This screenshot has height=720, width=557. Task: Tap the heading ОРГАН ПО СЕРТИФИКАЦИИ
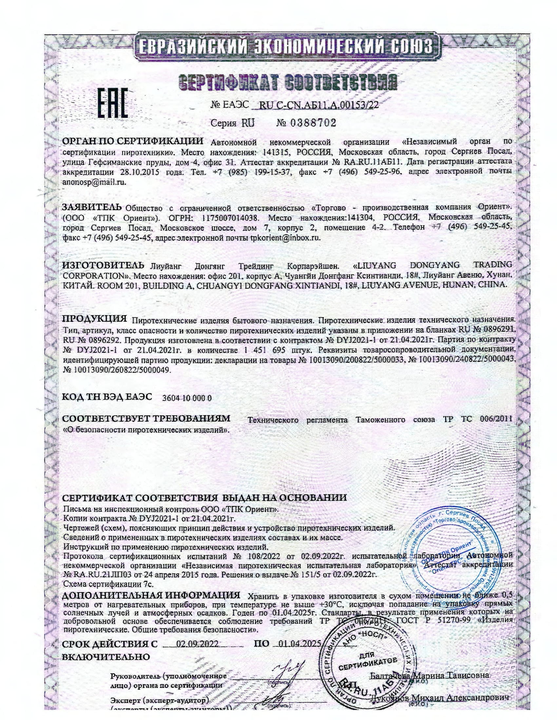coord(133,141)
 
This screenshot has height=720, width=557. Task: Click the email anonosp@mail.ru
coord(94,182)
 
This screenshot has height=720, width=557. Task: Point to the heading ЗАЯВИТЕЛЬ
coord(92,207)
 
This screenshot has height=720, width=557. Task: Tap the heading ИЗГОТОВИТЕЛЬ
coord(103,265)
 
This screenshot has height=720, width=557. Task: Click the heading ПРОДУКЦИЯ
coord(95,318)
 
